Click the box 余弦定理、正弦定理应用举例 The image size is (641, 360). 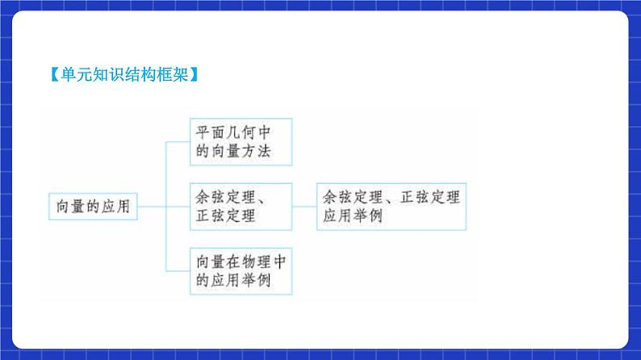click(391, 206)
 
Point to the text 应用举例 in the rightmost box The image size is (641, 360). click(354, 216)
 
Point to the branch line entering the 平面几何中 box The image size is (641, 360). click(178, 142)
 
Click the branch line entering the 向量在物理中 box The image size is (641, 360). click(178, 270)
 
